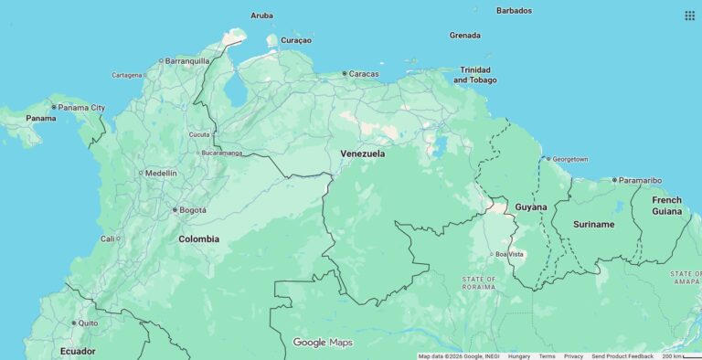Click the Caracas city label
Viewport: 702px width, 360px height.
(x=364, y=73)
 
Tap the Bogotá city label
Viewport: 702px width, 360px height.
(x=192, y=210)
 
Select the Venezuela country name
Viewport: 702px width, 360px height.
(x=362, y=154)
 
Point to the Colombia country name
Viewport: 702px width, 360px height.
(x=198, y=239)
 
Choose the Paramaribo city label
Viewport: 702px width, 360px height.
(x=640, y=180)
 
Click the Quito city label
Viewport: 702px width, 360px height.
(x=88, y=323)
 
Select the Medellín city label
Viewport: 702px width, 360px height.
(x=161, y=173)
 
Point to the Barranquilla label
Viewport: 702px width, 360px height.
(x=187, y=61)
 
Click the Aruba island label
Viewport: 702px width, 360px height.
(x=261, y=16)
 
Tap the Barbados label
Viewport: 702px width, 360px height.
(x=514, y=11)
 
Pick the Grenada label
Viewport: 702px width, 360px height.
(x=464, y=36)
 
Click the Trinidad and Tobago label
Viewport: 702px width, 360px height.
(x=476, y=75)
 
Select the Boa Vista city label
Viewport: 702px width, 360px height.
(x=510, y=254)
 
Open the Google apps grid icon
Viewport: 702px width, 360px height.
(x=689, y=16)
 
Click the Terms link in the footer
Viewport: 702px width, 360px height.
(x=547, y=356)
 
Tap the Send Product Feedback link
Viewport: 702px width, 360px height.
(x=622, y=356)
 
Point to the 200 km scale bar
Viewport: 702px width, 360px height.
(x=681, y=356)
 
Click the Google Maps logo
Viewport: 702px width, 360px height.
(x=322, y=343)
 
